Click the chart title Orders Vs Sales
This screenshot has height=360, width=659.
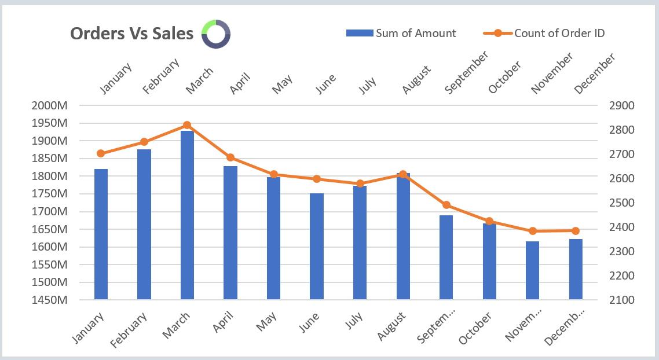pos(131,34)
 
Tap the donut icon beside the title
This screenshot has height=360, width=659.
pos(216,34)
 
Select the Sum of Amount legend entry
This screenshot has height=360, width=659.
pos(401,33)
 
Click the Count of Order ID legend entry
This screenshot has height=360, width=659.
pos(544,33)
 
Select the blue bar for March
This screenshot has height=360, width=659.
pos(187,215)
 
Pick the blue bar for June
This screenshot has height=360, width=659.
pos(316,246)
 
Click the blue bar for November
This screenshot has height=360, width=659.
pos(532,270)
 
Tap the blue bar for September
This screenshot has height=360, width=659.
pos(446,257)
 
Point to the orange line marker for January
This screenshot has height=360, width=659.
pos(101,153)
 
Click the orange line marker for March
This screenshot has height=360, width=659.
pos(187,125)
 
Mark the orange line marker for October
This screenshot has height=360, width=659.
pos(489,221)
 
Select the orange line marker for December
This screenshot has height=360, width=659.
pos(575,231)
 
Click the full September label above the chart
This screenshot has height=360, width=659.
pos(466,72)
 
